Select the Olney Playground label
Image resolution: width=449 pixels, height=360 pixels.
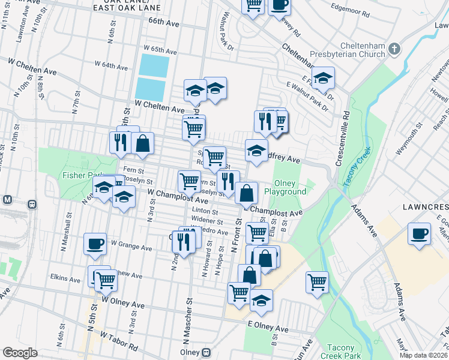(x=291, y=187)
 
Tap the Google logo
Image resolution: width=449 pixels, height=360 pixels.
(x=20, y=353)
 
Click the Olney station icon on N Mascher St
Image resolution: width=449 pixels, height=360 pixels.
(x=207, y=352)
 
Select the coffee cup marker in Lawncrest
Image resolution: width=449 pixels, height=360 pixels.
(x=419, y=233)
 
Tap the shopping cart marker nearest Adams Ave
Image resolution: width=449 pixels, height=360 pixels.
(x=317, y=281)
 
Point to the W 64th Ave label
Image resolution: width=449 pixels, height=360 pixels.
(x=111, y=64)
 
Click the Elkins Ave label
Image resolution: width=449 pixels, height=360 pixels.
(x=66, y=279)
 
